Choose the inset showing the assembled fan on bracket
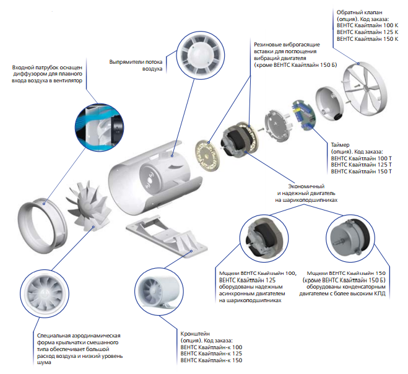click(x=160, y=295)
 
